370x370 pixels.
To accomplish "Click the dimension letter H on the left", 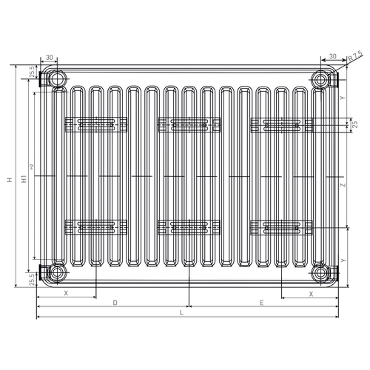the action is click(x=10, y=180).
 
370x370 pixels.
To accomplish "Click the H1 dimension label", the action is click(x=24, y=179).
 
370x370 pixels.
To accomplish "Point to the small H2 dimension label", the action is click(x=31, y=166).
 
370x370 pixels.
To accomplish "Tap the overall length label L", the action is click(x=181, y=313).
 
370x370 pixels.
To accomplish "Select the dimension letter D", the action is click(x=115, y=303).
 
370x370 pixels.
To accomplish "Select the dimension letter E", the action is click(x=262, y=303).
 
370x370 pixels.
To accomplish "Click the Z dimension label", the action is click(x=343, y=185).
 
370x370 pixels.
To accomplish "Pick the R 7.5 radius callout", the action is click(x=355, y=56).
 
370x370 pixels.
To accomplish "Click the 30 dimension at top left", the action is click(x=50, y=57).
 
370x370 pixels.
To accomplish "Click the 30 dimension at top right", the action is click(x=333, y=56).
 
